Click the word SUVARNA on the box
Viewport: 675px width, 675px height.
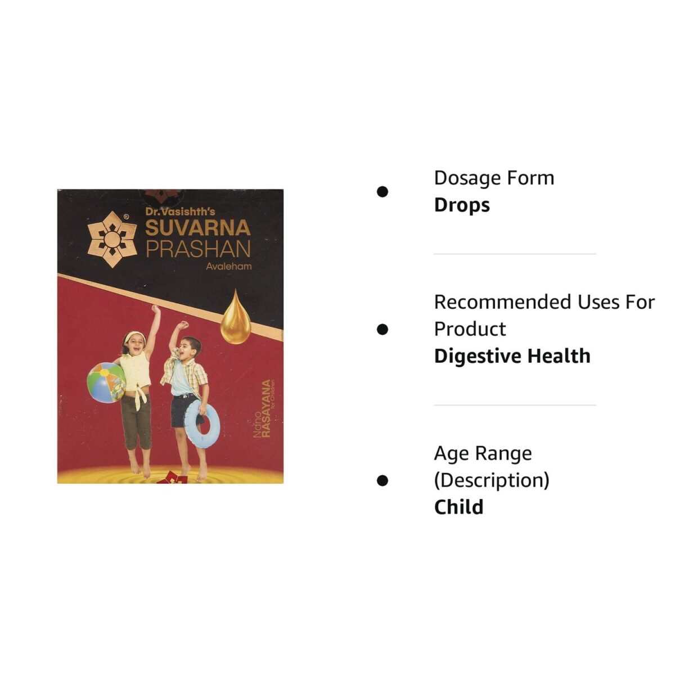[x=197, y=228]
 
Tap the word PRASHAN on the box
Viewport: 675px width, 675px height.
[x=198, y=249]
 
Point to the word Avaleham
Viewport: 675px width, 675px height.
[x=228, y=267]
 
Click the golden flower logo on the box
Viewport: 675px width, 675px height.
[x=112, y=238]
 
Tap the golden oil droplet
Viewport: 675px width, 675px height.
[x=235, y=319]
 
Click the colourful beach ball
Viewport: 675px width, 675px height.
[x=106, y=382]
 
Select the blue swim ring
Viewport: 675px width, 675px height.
[x=202, y=424]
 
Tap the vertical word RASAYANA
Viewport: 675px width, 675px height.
[x=266, y=408]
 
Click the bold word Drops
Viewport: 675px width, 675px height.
[x=462, y=205]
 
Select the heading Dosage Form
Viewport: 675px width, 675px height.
[x=494, y=178]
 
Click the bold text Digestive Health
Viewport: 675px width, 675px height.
[x=512, y=356]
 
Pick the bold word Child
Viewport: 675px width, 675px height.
[x=458, y=507]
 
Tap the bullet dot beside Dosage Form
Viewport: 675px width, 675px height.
[x=382, y=192]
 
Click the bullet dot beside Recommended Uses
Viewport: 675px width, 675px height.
[x=382, y=329]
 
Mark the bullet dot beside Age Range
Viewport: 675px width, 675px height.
[x=382, y=480]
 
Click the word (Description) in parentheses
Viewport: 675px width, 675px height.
[x=492, y=480]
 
